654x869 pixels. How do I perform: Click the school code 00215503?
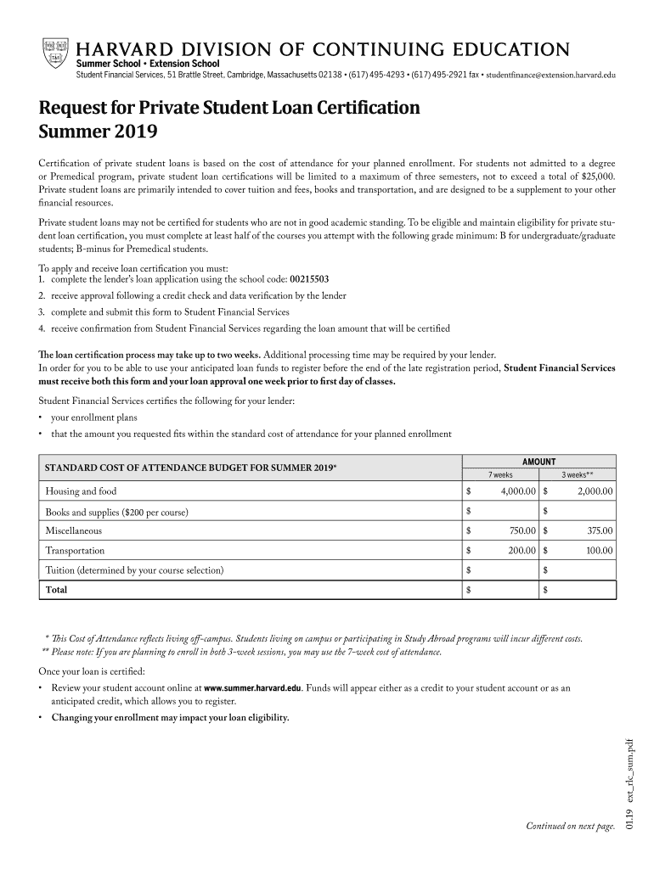[311, 278]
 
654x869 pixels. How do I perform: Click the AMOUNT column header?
[538, 462]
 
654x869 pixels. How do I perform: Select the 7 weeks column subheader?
[500, 474]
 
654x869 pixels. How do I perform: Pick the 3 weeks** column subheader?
[578, 474]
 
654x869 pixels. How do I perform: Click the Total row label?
[56, 589]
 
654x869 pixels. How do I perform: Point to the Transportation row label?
[75, 551]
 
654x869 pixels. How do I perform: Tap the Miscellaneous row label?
[73, 530]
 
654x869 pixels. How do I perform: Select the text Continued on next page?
[570, 826]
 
